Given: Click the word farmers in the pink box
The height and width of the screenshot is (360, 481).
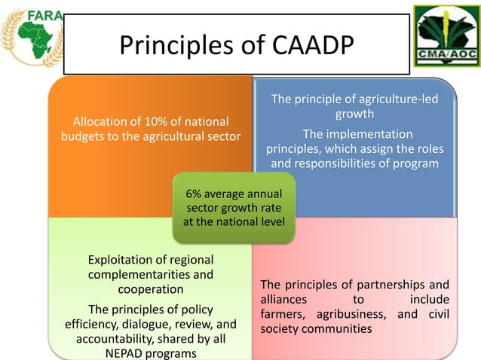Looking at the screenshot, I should [x=281, y=314].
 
